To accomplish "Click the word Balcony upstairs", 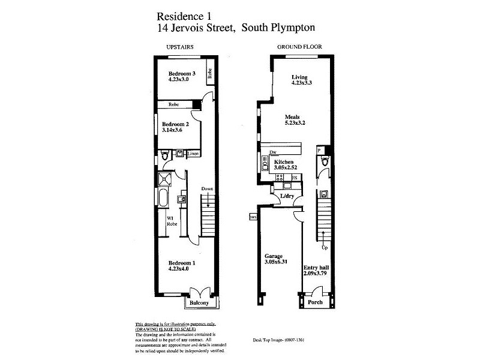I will (x=199, y=304).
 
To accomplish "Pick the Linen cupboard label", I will (x=193, y=154).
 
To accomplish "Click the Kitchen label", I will (x=283, y=163).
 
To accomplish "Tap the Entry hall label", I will (x=314, y=267).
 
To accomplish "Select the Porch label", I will (x=314, y=302).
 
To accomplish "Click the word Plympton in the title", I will (x=290, y=28).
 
